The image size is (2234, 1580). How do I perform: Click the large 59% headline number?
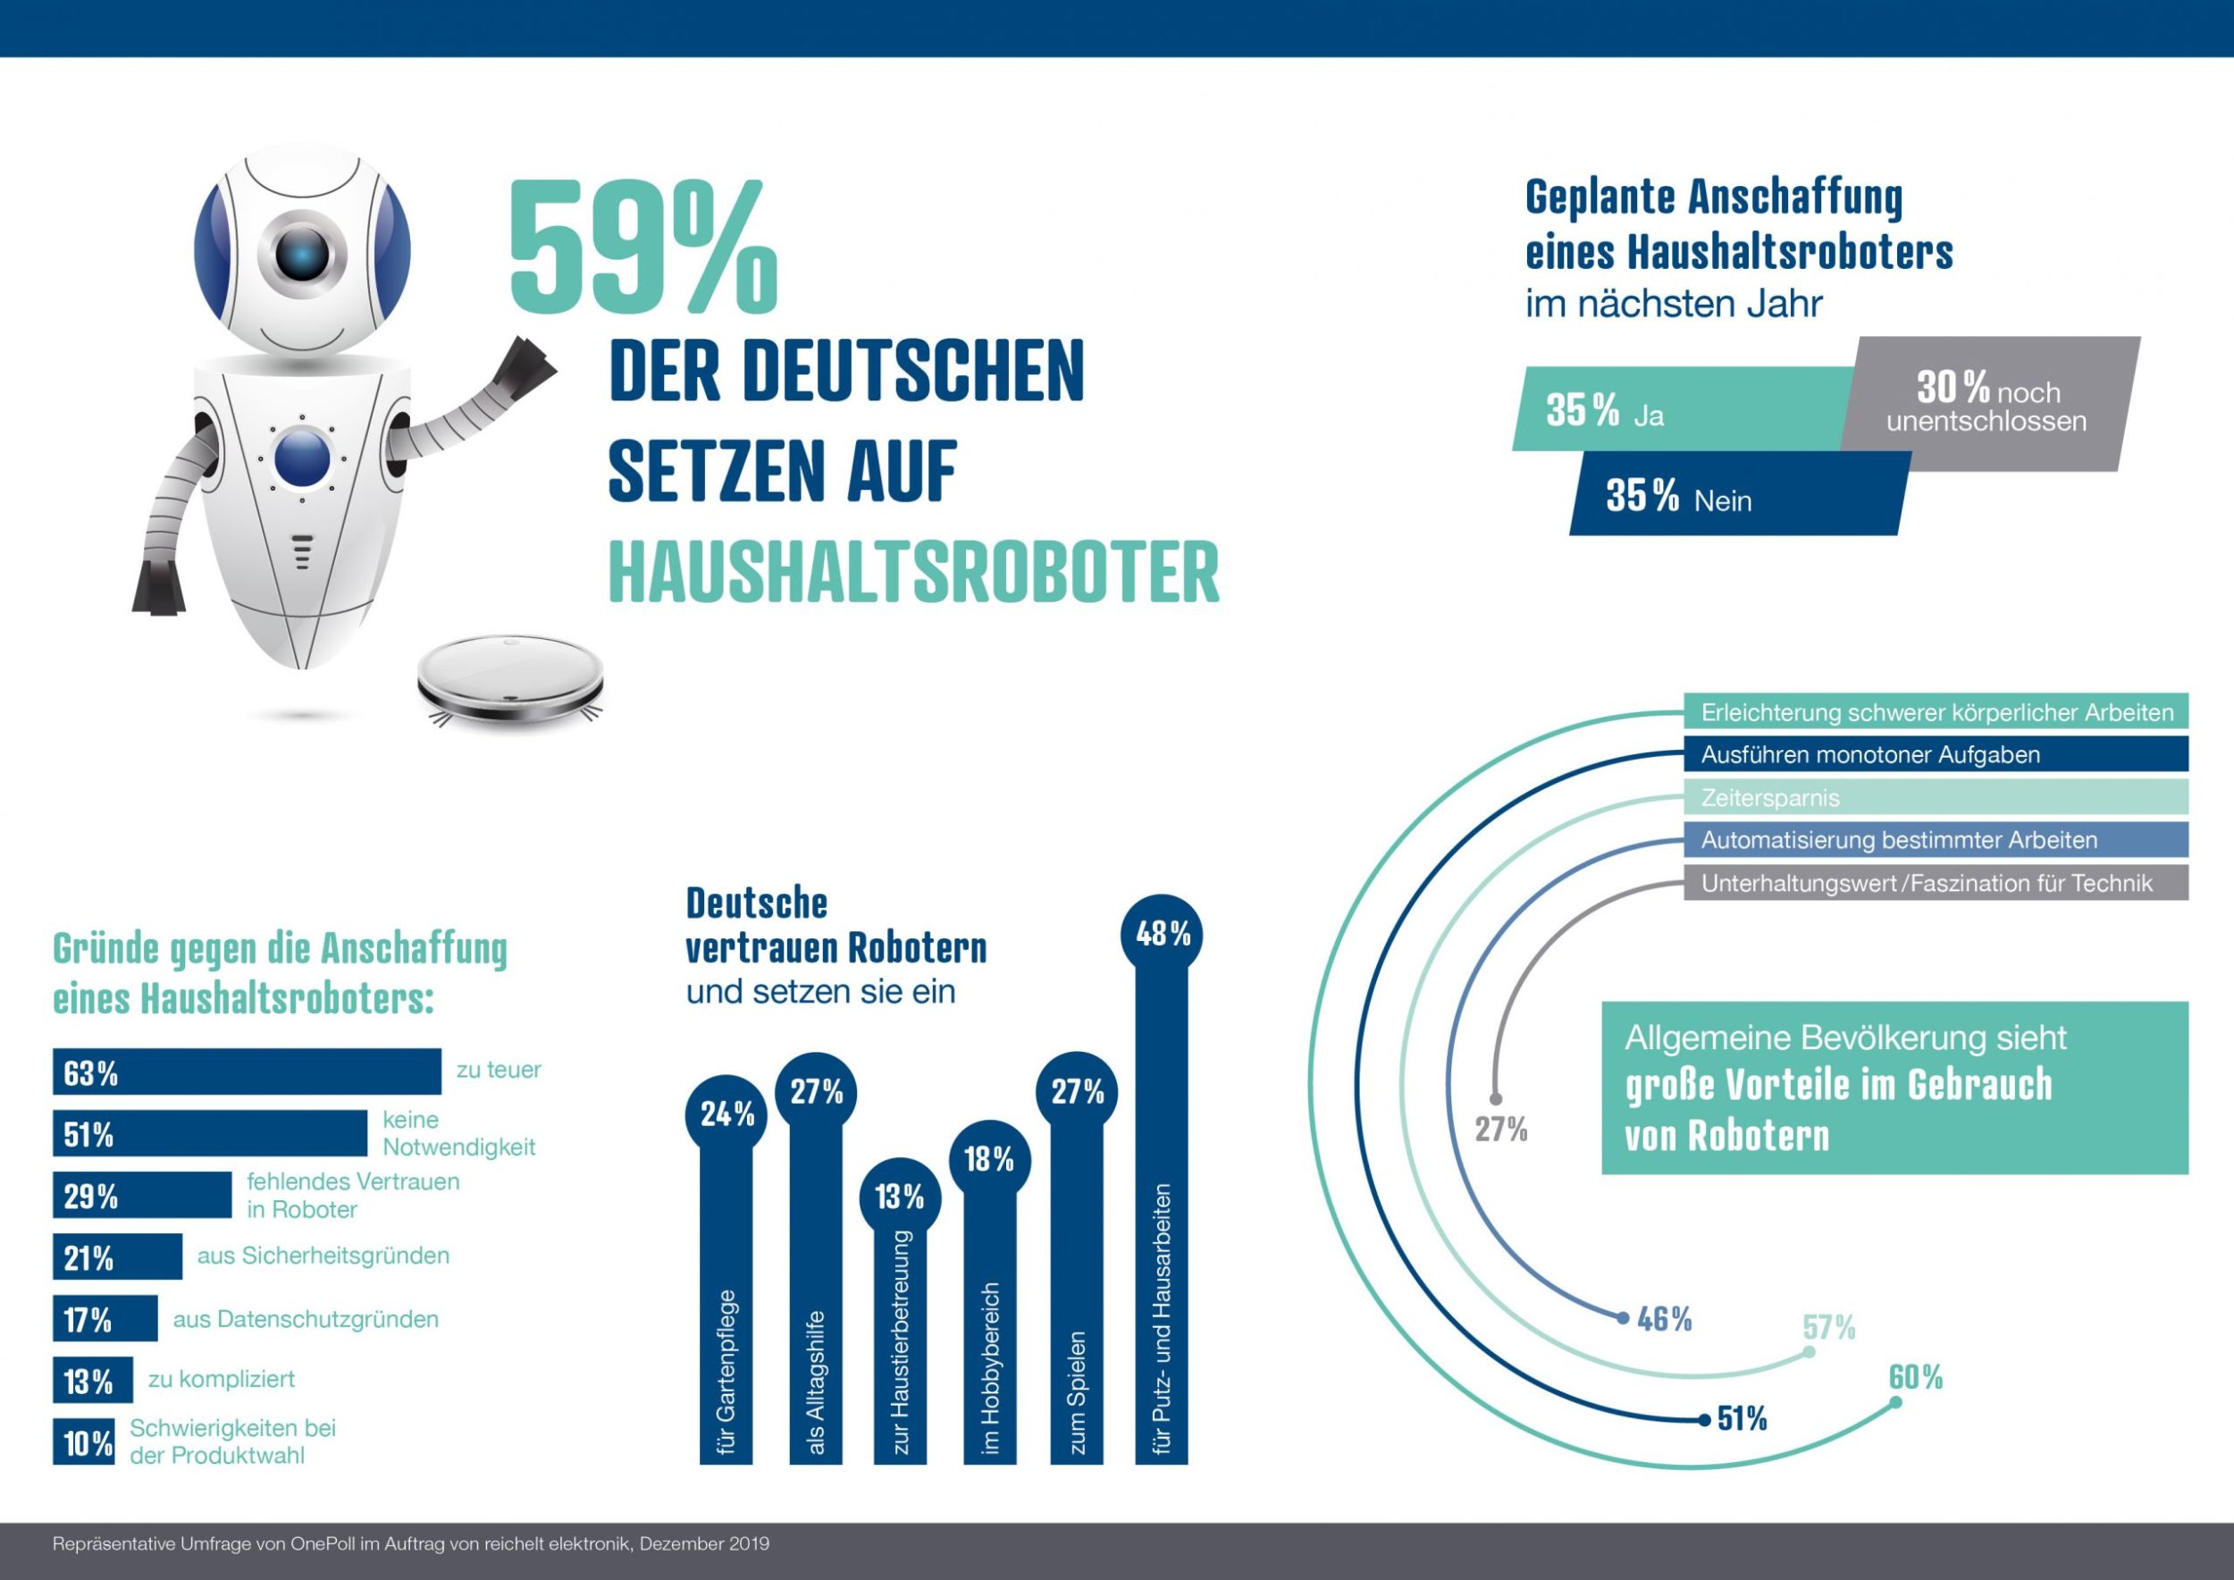(642, 249)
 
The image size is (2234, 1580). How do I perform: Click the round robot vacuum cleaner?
(510, 679)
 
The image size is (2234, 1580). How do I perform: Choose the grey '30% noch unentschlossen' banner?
(1991, 404)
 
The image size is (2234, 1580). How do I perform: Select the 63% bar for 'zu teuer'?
(246, 1072)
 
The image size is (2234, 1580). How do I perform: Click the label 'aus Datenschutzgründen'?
(306, 1319)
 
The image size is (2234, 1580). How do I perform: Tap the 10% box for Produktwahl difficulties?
(84, 1442)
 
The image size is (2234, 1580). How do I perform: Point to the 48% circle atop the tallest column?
(1163, 934)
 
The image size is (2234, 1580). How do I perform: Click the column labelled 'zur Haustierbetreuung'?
(900, 1342)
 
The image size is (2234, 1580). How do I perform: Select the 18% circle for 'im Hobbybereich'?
(988, 1159)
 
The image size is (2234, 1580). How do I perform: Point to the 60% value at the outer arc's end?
(1915, 1378)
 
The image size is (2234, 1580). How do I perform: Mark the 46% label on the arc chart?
(1664, 1319)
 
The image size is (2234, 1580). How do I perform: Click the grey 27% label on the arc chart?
(1500, 1130)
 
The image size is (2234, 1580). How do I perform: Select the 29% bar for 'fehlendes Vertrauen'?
(142, 1196)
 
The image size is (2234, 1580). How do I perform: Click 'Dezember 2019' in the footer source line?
(703, 1544)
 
